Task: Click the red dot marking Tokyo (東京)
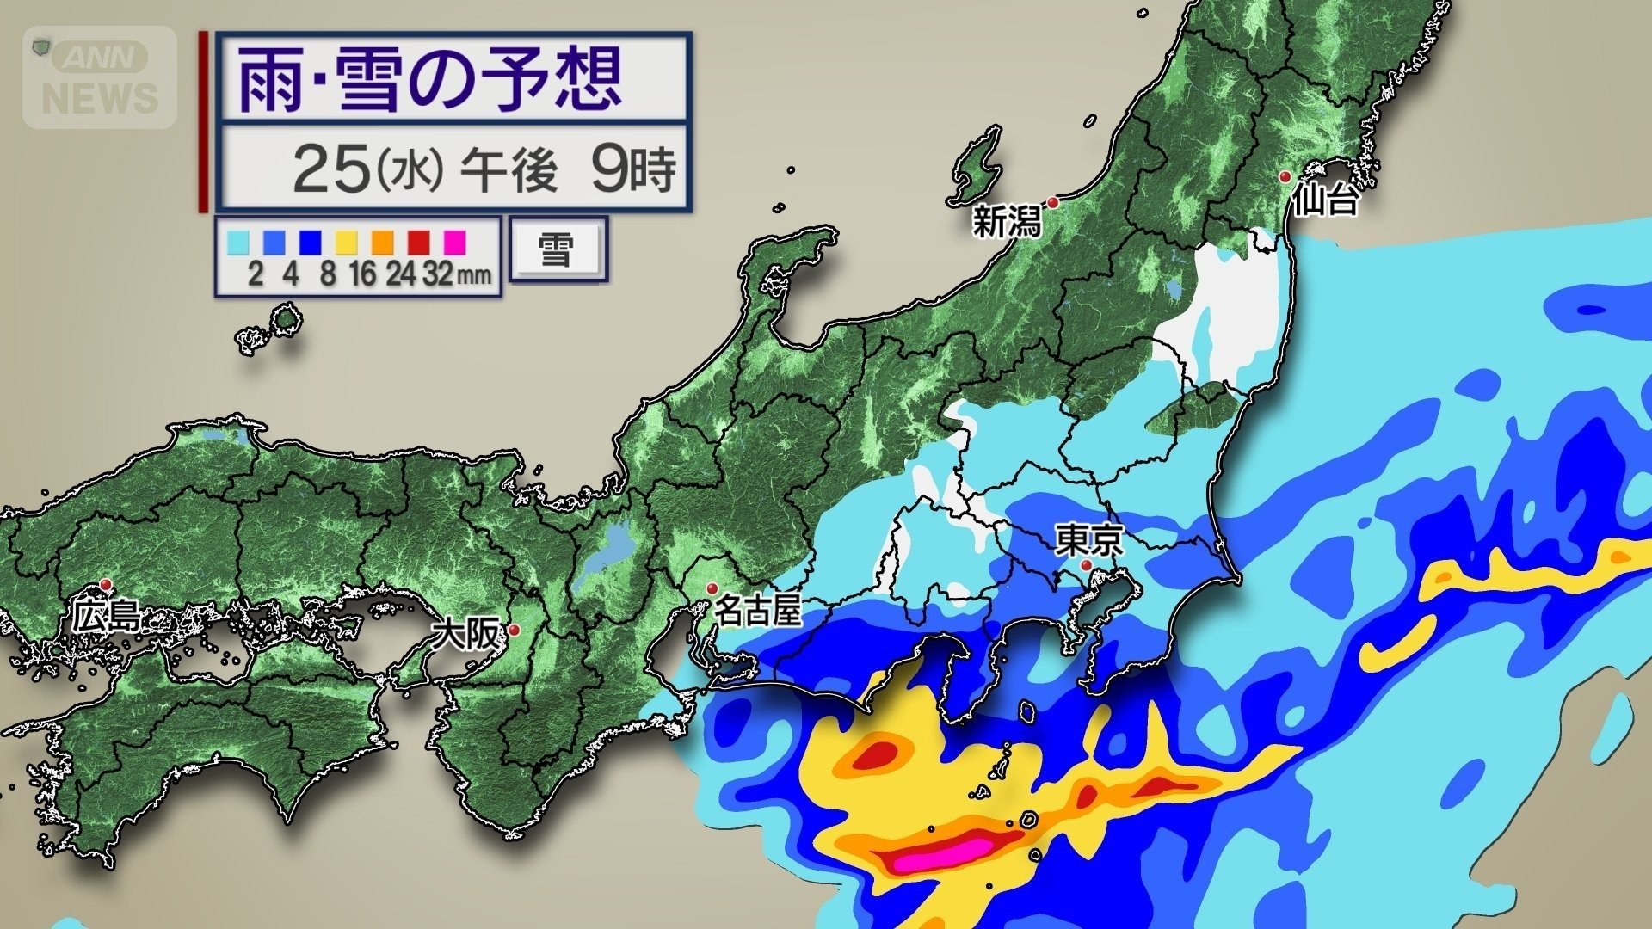point(1086,565)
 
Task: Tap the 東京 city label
point(1089,541)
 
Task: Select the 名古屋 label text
point(758,612)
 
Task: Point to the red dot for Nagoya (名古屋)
point(712,588)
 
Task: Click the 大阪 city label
point(465,635)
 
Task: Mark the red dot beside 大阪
point(515,631)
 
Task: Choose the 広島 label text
point(105,616)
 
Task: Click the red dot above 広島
point(106,584)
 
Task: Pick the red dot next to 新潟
point(1051,202)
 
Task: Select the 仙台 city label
point(1325,200)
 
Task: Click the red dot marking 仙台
point(1285,177)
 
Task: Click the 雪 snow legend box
point(557,249)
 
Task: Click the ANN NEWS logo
point(100,77)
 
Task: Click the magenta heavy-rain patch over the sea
point(942,854)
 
